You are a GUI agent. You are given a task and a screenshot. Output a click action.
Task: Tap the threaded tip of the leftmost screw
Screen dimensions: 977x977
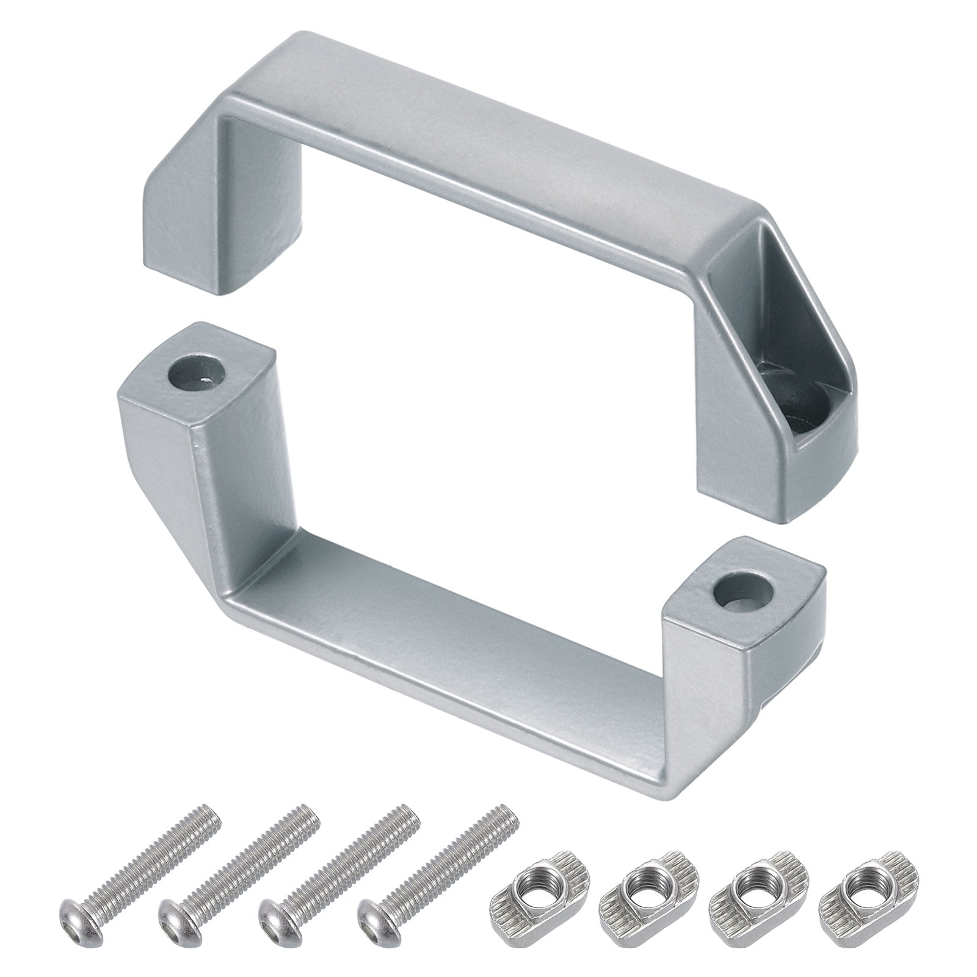(208, 815)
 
